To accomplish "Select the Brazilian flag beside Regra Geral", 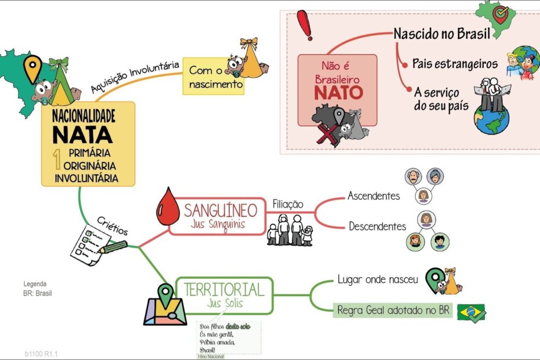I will tap(471, 312).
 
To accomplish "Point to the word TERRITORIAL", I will tap(224, 289).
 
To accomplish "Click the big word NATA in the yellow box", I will tap(82, 135).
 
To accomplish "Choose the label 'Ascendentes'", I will tap(374, 196).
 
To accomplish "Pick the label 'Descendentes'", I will tap(377, 226).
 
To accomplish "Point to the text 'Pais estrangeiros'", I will tap(455, 63).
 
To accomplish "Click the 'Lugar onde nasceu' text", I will tap(377, 279).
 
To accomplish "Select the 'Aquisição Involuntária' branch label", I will tap(135, 78).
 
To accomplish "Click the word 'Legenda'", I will tap(35, 284).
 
